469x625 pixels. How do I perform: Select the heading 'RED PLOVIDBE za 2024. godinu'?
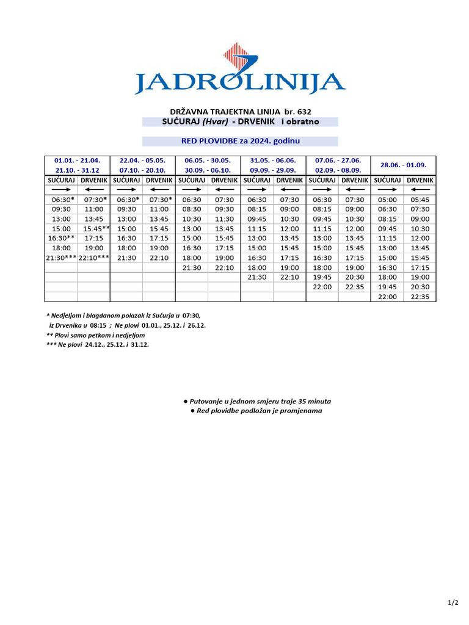click(240, 141)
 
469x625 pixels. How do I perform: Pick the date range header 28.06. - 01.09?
click(403, 165)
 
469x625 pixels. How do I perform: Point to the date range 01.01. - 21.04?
click(78, 161)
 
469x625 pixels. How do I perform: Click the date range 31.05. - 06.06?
click(273, 161)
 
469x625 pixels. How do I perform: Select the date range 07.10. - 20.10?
click(142, 170)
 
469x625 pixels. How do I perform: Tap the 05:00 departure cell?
click(387, 200)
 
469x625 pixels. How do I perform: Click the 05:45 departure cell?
click(420, 200)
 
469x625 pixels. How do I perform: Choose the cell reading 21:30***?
click(61, 258)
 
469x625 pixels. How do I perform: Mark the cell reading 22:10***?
click(93, 258)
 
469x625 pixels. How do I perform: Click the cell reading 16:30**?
click(61, 238)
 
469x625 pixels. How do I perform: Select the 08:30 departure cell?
click(192, 209)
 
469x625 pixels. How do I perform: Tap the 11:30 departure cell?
click(224, 219)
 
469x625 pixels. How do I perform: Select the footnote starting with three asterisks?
click(97, 344)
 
